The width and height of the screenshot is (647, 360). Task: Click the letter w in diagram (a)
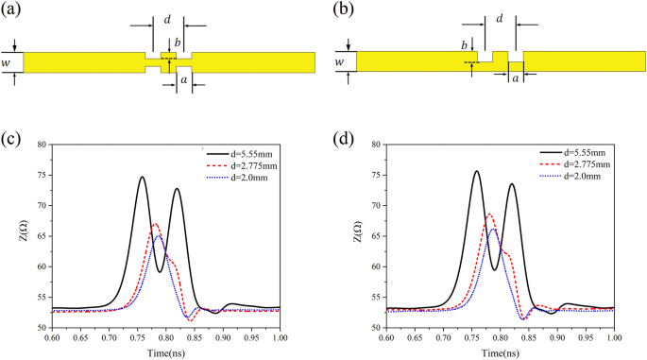pyautogui.click(x=8, y=63)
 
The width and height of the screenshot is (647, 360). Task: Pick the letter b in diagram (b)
pyautogui.click(x=464, y=46)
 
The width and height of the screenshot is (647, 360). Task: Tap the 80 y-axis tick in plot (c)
pyautogui.click(x=43, y=145)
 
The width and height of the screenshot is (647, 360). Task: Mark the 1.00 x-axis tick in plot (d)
pyautogui.click(x=614, y=337)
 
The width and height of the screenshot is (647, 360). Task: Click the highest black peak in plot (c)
pyautogui.click(x=142, y=177)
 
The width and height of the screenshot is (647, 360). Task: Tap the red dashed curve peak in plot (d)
pyautogui.click(x=489, y=214)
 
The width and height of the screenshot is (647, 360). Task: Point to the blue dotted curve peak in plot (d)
pyautogui.click(x=493, y=229)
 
